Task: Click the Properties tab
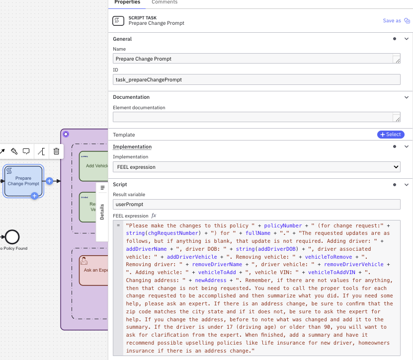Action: point(127,2)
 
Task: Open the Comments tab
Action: point(165,2)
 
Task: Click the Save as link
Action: point(392,21)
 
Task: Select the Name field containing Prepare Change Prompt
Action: point(253,59)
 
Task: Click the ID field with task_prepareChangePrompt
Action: point(256,79)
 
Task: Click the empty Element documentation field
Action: point(253,117)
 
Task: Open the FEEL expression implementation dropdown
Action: point(256,167)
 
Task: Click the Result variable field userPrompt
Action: point(256,204)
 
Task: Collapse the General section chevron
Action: point(407,39)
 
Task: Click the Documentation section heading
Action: point(131,97)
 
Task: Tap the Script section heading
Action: point(120,184)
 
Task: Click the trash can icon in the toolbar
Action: point(56,151)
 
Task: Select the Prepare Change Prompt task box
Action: point(23,181)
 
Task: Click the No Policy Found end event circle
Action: point(11,236)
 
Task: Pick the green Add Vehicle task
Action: point(94,166)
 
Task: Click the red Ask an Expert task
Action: point(94,270)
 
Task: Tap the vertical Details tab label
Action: point(102,212)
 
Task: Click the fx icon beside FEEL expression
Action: point(154,216)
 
